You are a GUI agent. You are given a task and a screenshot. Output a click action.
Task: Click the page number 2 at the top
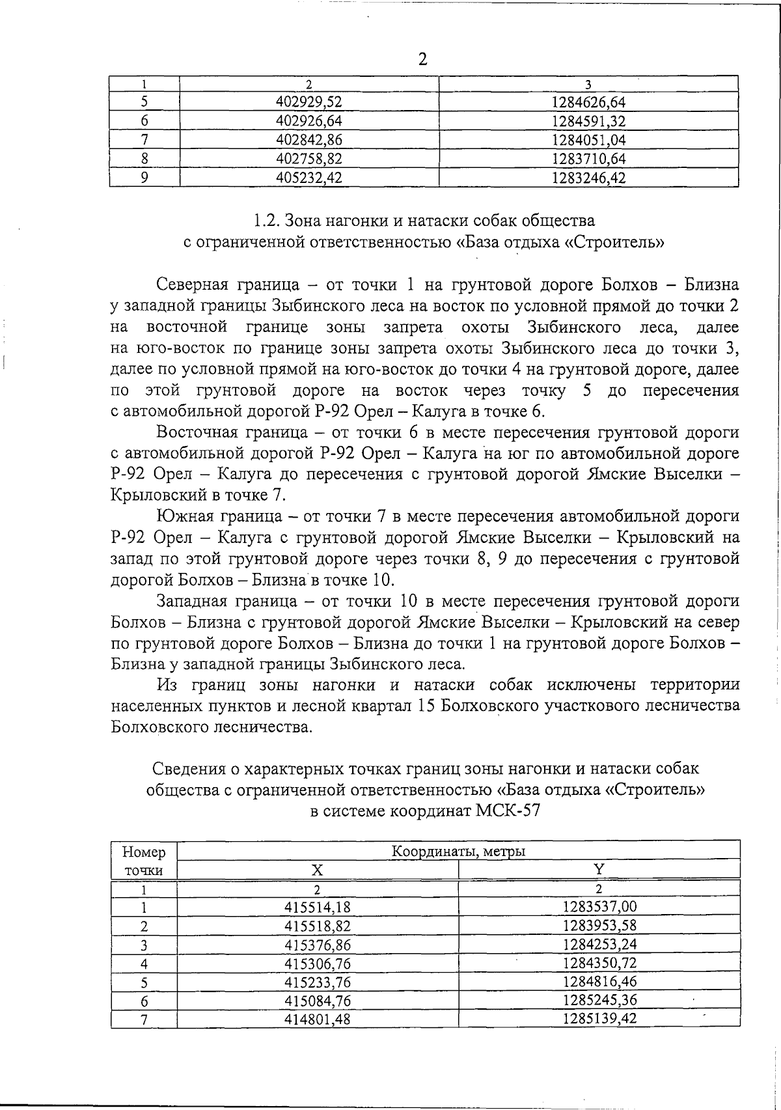422,60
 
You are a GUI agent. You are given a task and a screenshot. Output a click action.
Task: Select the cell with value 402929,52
309,102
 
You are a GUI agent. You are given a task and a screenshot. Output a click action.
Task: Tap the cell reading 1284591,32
588,121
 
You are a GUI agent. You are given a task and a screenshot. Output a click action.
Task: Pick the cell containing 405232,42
309,178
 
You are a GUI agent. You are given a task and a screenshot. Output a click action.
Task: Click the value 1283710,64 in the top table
588,159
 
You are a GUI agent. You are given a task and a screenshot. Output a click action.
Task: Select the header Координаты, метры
458,851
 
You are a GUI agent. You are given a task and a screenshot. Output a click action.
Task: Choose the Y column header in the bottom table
599,869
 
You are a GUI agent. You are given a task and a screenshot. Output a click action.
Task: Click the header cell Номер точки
144,861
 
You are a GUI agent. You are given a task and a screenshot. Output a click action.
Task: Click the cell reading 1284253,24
599,945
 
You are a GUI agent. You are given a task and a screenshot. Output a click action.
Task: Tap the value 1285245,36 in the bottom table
599,1001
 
